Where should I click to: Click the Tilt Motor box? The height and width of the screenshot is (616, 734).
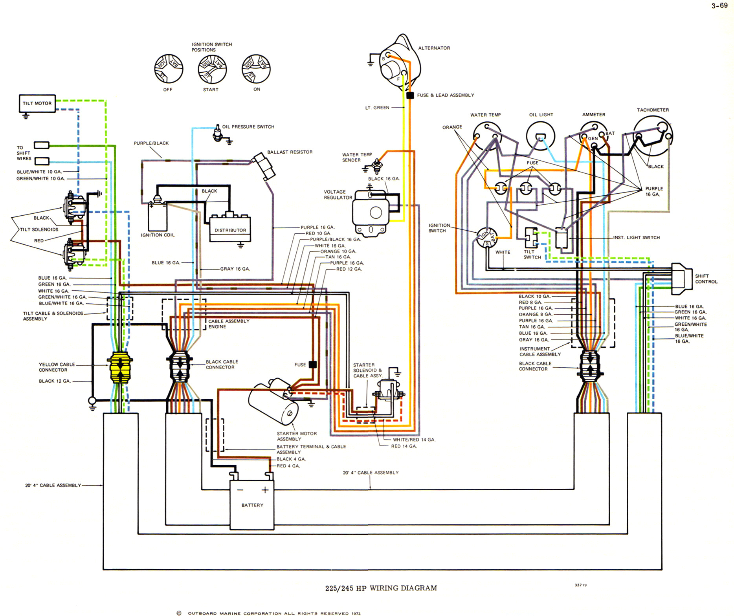[37, 103]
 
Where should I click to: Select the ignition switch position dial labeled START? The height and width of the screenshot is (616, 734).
[212, 69]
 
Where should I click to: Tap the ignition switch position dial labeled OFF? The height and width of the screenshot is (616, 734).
[169, 69]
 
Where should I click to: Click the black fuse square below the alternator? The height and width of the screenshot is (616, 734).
[410, 95]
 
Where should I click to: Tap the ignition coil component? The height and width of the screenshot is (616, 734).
[157, 216]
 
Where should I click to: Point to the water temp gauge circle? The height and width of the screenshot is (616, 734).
[486, 136]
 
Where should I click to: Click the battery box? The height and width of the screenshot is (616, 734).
[252, 505]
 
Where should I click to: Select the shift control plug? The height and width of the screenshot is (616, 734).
[682, 279]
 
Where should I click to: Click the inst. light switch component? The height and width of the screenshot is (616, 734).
[561, 238]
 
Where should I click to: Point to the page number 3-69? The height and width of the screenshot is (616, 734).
[719, 5]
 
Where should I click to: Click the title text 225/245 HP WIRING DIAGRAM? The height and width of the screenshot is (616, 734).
[381, 588]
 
